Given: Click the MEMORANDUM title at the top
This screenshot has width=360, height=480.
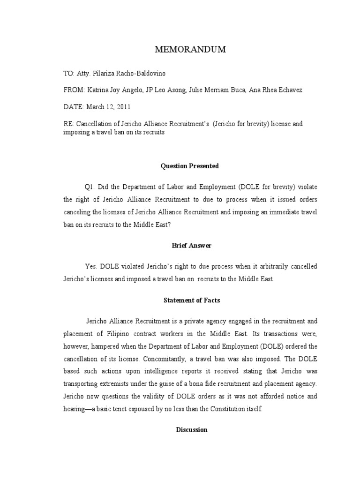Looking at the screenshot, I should click(x=190, y=50).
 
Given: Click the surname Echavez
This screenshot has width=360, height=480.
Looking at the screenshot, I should click(x=290, y=90).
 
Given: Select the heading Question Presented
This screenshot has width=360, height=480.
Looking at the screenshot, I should click(x=190, y=166).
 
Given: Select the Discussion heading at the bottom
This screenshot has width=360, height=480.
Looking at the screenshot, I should click(x=191, y=429).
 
